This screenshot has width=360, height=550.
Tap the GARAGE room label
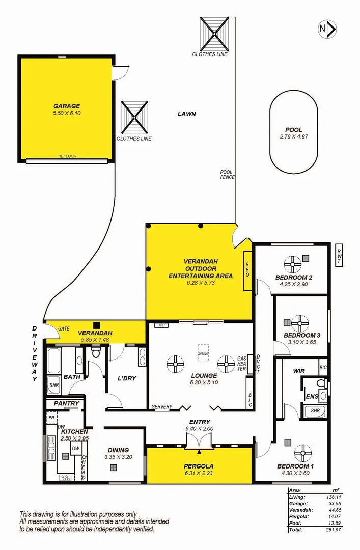tap(66, 106)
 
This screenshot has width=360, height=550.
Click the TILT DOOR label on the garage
tap(67, 156)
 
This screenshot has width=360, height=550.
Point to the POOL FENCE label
tap(227, 175)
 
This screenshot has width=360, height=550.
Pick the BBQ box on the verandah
tap(247, 270)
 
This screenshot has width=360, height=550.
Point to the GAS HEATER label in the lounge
tap(241, 365)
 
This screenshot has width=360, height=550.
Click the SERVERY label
tap(161, 407)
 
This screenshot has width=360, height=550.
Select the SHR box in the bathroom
tap(54, 386)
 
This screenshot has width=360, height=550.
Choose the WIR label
tap(299, 372)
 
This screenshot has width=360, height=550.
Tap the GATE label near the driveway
tap(64, 328)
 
